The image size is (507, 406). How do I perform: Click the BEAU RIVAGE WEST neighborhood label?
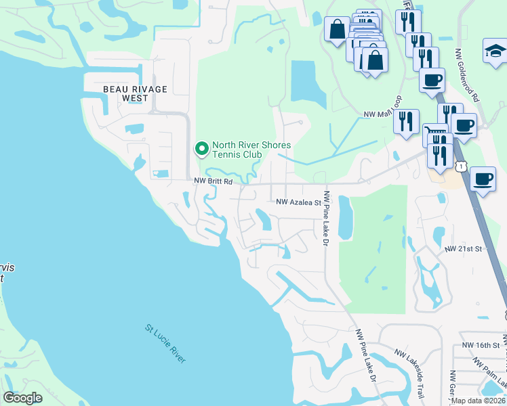pyautogui.click(x=135, y=93)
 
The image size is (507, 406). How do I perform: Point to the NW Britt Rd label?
pyautogui.click(x=213, y=181)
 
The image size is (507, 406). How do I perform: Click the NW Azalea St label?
pyautogui.click(x=298, y=202)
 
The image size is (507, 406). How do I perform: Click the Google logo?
pyautogui.click(x=23, y=398)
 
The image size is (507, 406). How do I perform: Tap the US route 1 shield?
pyautogui.click(x=462, y=166)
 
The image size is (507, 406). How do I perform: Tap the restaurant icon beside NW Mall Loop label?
pyautogui.click(x=406, y=121)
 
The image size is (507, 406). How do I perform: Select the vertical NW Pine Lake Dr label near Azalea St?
pyautogui.click(x=327, y=218)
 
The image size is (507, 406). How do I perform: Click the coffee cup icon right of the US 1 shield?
pyautogui.click(x=483, y=179)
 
